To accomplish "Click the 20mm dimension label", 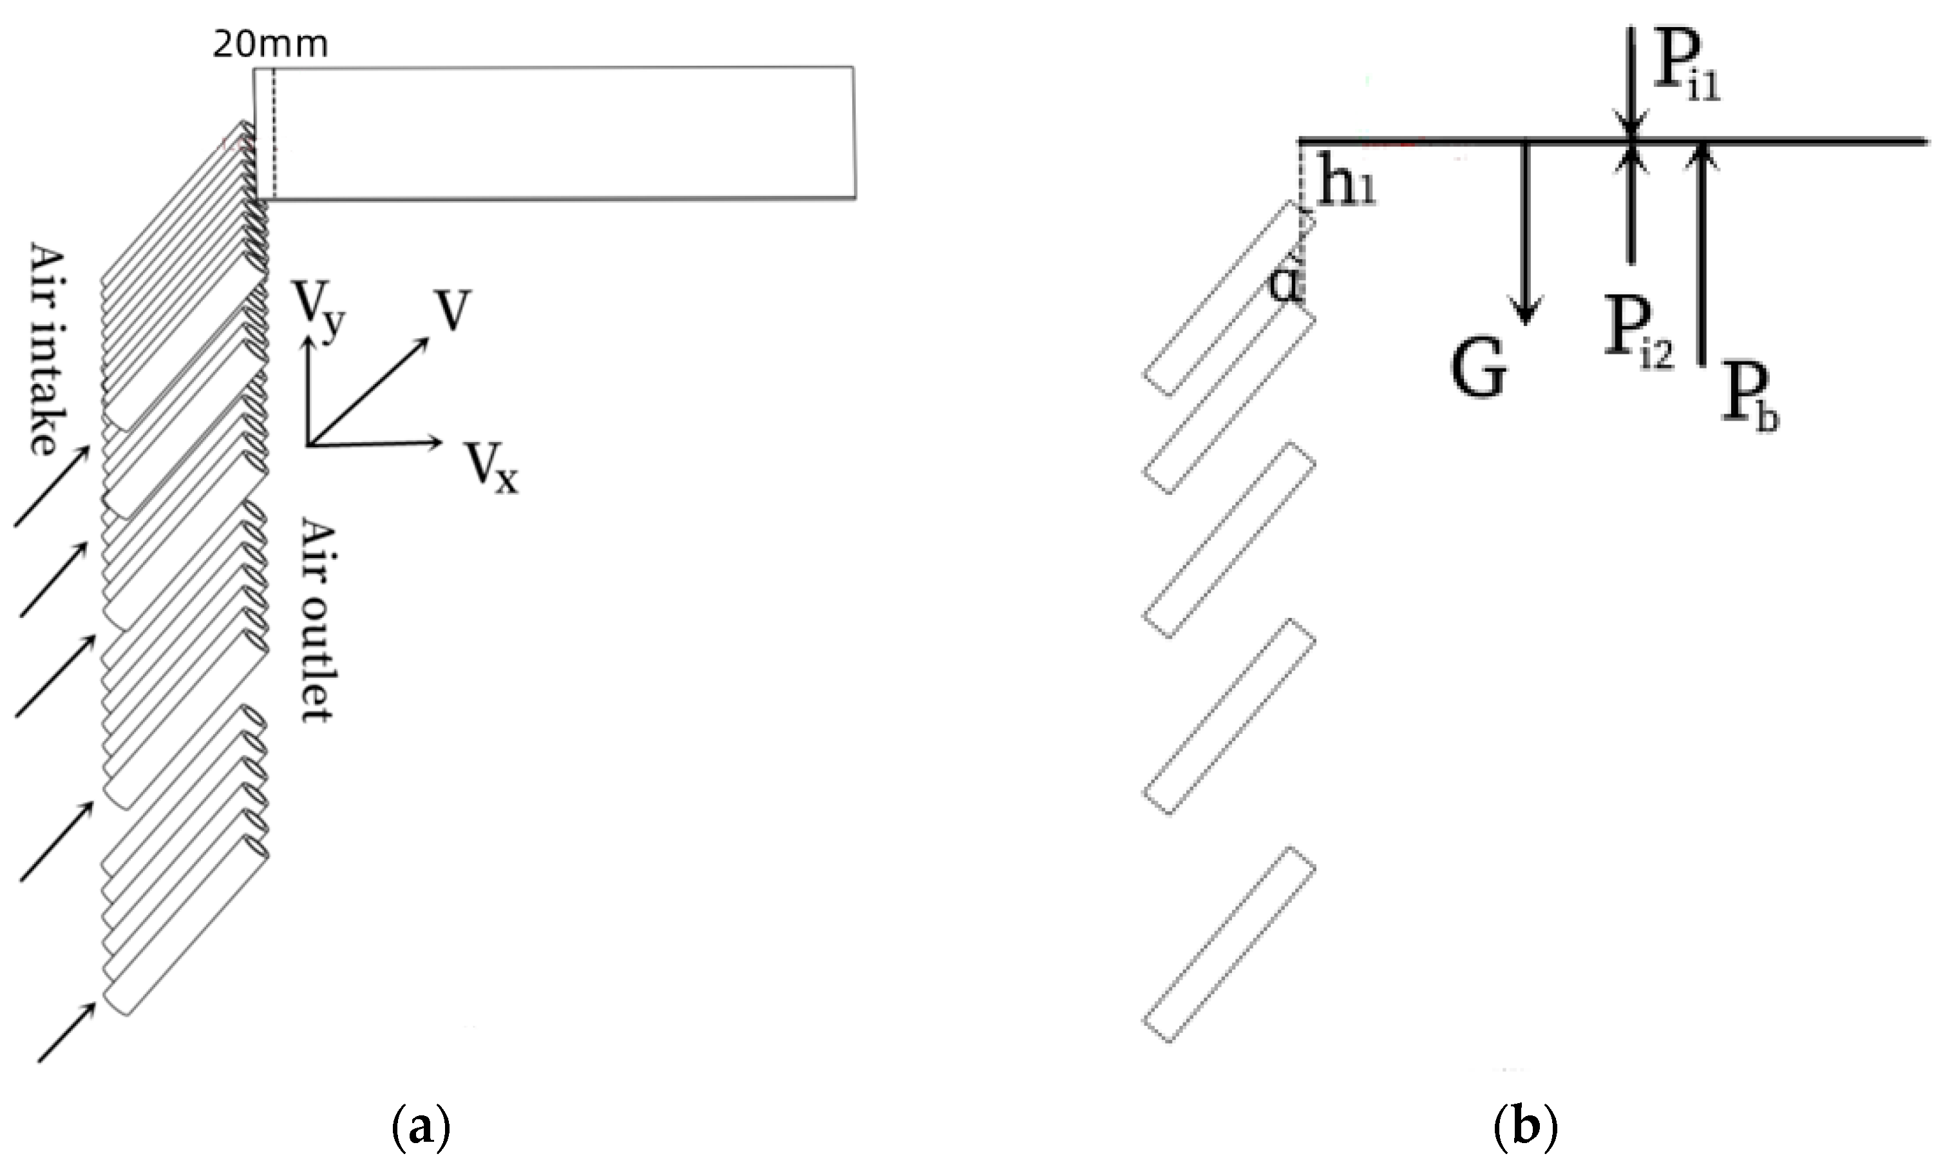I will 270,45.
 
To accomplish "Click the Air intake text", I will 48,349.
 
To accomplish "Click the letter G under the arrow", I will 1478,371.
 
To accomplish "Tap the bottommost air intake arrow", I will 67,1032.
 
